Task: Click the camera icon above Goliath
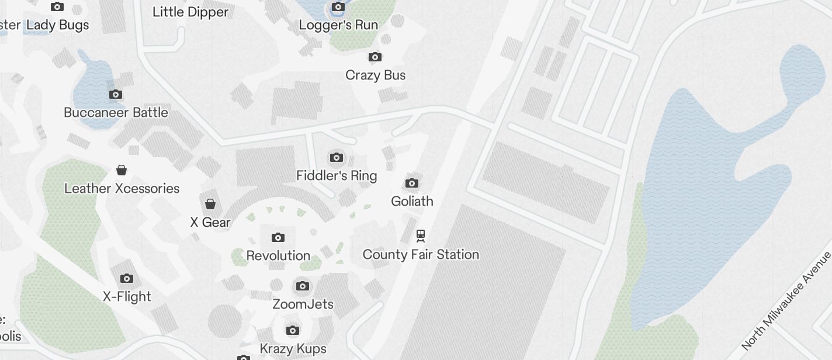click(x=412, y=184)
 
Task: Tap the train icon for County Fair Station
click(x=421, y=236)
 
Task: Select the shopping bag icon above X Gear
click(x=210, y=204)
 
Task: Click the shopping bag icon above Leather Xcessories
click(x=122, y=170)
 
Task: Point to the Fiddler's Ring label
click(x=337, y=175)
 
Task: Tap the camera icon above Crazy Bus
click(x=375, y=57)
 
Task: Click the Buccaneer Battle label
click(x=116, y=112)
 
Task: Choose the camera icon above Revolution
click(x=278, y=237)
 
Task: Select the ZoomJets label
click(x=303, y=304)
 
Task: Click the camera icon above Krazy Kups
click(x=293, y=330)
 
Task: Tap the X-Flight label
click(x=127, y=296)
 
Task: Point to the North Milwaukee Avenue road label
click(x=786, y=302)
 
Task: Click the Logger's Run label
click(x=338, y=25)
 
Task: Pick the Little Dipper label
click(x=190, y=12)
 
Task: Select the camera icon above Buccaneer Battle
click(x=116, y=94)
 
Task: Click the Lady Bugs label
click(x=58, y=25)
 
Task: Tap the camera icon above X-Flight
click(x=127, y=278)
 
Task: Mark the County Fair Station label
click(x=421, y=254)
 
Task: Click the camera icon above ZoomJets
click(x=303, y=286)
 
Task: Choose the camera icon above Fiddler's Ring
click(x=337, y=157)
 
